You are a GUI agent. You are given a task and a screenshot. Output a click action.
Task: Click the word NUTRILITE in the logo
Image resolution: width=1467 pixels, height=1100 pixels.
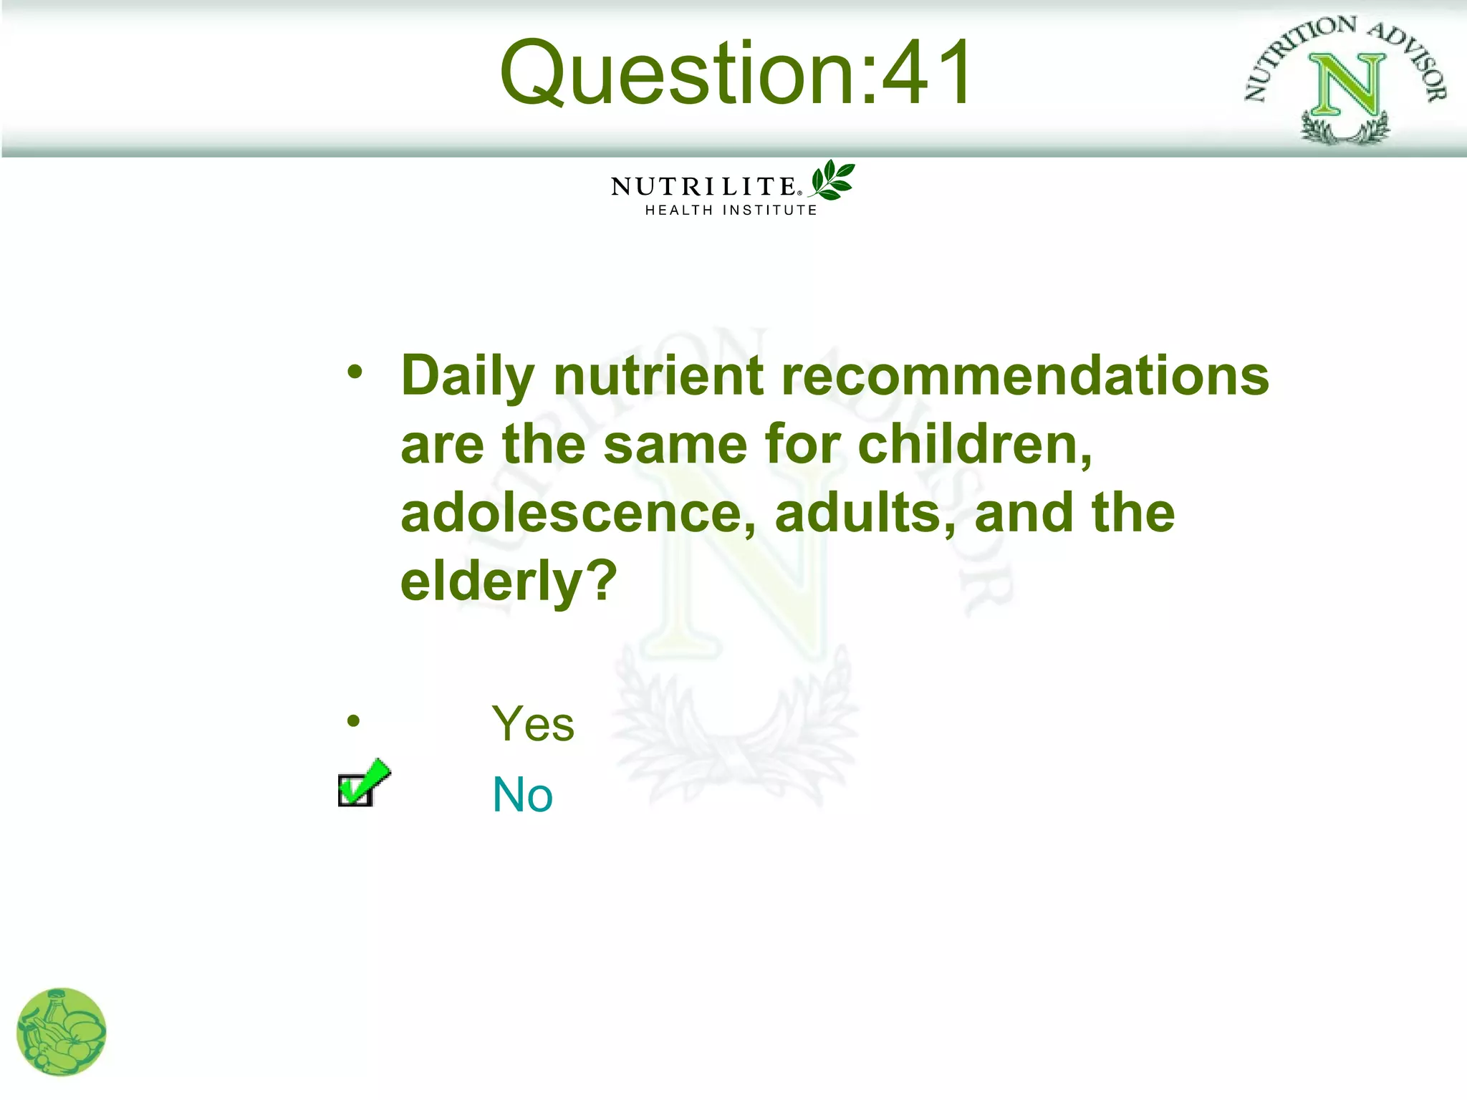pyautogui.click(x=703, y=187)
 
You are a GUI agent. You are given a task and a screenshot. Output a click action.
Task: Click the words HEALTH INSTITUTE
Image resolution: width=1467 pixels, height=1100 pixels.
pyautogui.click(x=731, y=211)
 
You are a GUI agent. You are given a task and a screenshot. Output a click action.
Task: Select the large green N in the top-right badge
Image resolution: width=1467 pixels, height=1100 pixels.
pyautogui.click(x=1347, y=86)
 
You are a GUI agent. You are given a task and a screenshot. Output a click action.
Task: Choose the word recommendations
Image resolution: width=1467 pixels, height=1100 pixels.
pyautogui.click(x=1025, y=376)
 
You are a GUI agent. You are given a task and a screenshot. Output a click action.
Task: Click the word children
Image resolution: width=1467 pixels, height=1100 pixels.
pyautogui.click(x=974, y=445)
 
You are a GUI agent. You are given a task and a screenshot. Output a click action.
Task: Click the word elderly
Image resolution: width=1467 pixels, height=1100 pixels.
pyautogui.click(x=508, y=582)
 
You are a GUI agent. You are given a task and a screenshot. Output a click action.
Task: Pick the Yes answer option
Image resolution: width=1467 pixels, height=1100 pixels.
pyautogui.click(x=533, y=724)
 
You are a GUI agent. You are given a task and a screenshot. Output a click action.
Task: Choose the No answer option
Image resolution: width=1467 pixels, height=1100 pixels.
pyautogui.click(x=523, y=795)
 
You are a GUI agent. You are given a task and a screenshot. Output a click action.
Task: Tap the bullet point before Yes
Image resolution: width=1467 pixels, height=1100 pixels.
pyautogui.click(x=353, y=721)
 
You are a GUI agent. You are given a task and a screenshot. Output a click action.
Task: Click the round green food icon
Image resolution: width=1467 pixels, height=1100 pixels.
pyautogui.click(x=62, y=1032)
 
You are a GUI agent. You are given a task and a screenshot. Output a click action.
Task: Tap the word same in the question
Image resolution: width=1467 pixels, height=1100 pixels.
pyautogui.click(x=675, y=445)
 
